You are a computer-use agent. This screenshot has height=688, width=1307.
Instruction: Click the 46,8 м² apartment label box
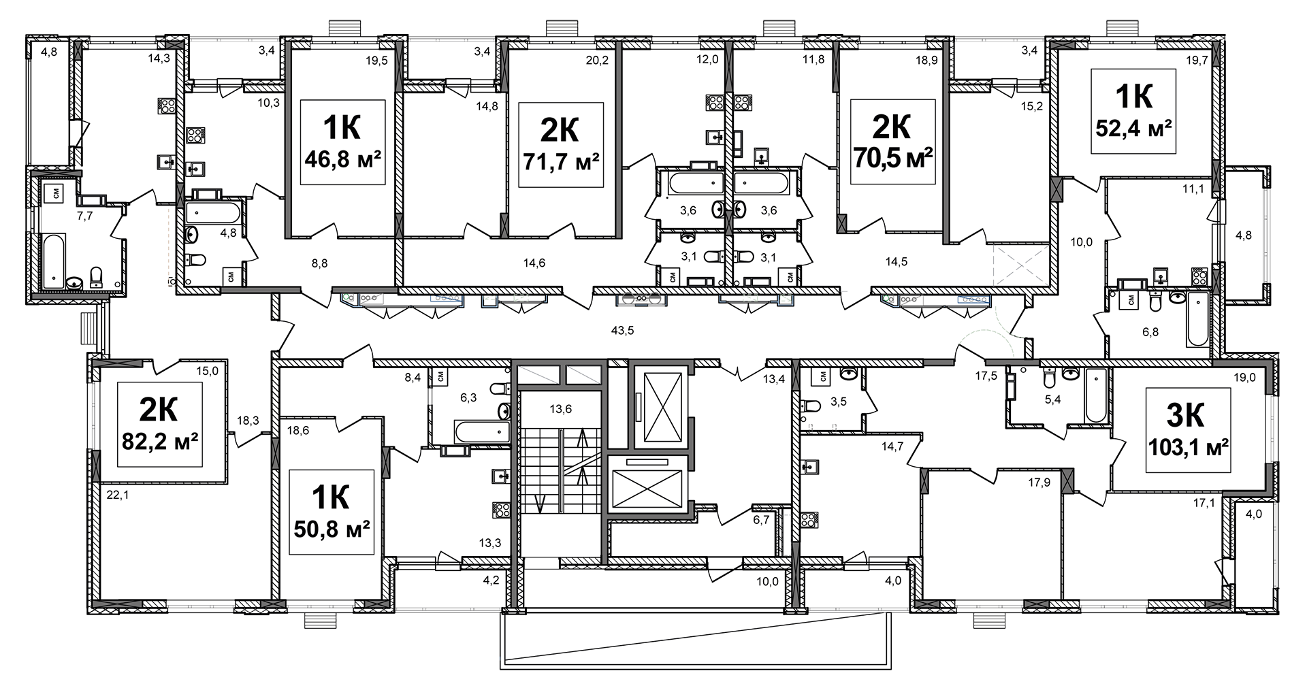(342, 142)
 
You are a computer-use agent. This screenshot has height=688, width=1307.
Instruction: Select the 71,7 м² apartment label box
(561, 145)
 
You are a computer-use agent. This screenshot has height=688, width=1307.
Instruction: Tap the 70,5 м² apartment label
(892, 142)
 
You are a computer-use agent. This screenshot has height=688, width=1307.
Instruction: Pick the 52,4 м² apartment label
(1133, 111)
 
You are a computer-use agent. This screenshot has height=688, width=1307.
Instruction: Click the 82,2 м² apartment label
(160, 425)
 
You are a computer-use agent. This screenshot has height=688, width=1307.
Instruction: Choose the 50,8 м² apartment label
(332, 512)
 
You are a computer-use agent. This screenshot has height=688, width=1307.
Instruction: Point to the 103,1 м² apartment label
(1189, 430)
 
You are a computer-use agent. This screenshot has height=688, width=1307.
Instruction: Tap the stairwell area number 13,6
(561, 409)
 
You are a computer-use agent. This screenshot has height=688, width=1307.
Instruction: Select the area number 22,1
(118, 495)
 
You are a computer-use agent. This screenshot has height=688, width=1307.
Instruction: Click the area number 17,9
(1039, 484)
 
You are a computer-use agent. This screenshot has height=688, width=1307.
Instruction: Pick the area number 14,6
(534, 263)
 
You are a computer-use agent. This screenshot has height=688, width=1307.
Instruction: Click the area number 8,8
(319, 263)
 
